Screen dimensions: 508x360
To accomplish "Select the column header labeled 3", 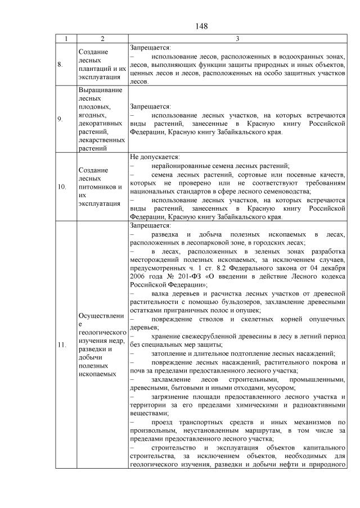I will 237,39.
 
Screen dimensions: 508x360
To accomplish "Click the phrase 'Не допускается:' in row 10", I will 155,157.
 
